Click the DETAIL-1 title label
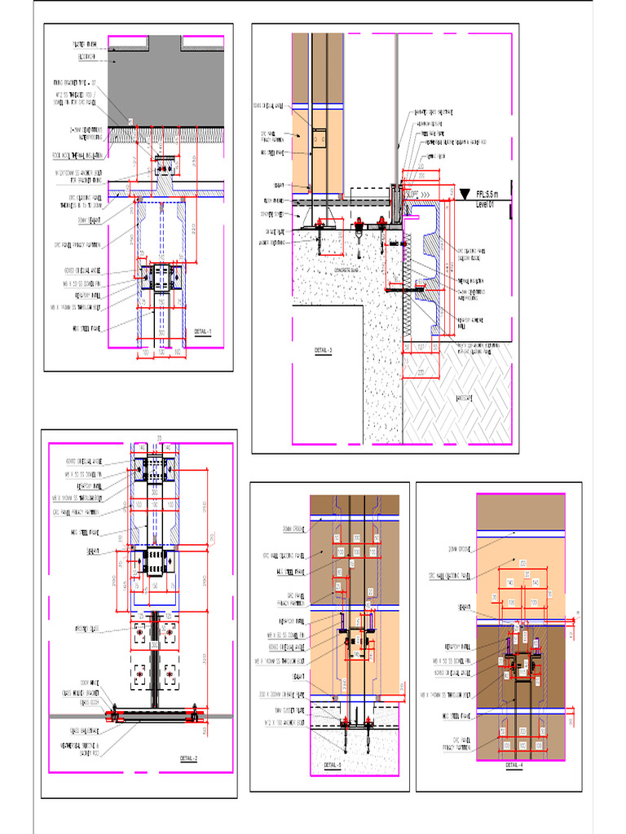(203, 331)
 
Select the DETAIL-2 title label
(189, 758)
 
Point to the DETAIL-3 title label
(324, 350)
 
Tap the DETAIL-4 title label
(514, 766)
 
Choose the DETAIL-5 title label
(333, 766)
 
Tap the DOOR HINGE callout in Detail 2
(90, 681)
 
